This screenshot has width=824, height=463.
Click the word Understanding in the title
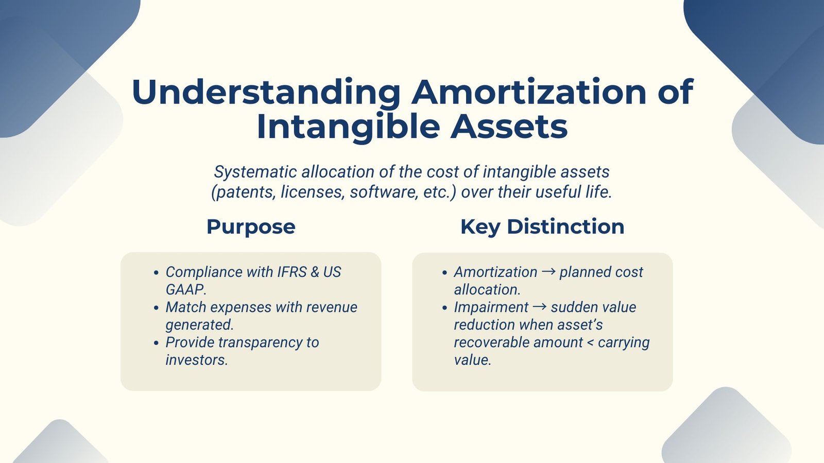point(266,93)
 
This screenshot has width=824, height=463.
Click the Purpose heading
point(251,227)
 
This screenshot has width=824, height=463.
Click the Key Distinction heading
point(542,227)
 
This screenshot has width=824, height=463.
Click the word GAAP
point(185,290)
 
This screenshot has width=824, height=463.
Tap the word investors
point(196,360)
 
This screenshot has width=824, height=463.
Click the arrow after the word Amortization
point(548,272)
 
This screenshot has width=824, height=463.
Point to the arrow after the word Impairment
point(539,307)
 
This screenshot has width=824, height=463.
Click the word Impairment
point(491,307)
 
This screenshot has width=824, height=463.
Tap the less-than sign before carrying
point(590,343)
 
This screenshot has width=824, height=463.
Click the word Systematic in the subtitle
point(255,172)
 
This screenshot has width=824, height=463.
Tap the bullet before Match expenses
point(156,308)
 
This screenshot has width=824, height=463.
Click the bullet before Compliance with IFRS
point(156,273)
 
